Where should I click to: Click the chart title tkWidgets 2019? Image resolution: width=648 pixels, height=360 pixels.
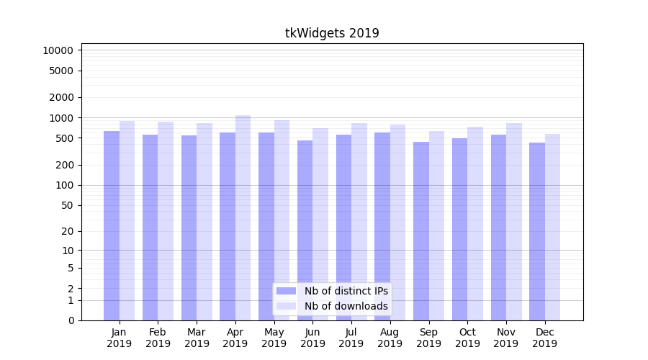332,33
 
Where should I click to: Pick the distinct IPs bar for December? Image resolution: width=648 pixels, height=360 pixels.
537,231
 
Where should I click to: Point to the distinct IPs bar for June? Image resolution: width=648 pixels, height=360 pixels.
305,230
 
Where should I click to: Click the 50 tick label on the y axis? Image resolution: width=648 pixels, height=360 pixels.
66,205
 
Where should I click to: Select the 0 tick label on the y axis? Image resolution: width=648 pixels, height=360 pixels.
71,320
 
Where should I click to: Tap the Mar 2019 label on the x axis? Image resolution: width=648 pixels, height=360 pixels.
197,338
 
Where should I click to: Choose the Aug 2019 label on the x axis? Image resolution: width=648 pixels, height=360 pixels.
390,338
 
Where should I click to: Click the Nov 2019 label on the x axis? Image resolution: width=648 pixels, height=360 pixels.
506,338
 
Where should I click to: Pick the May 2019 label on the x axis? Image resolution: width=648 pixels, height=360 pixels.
274,338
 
